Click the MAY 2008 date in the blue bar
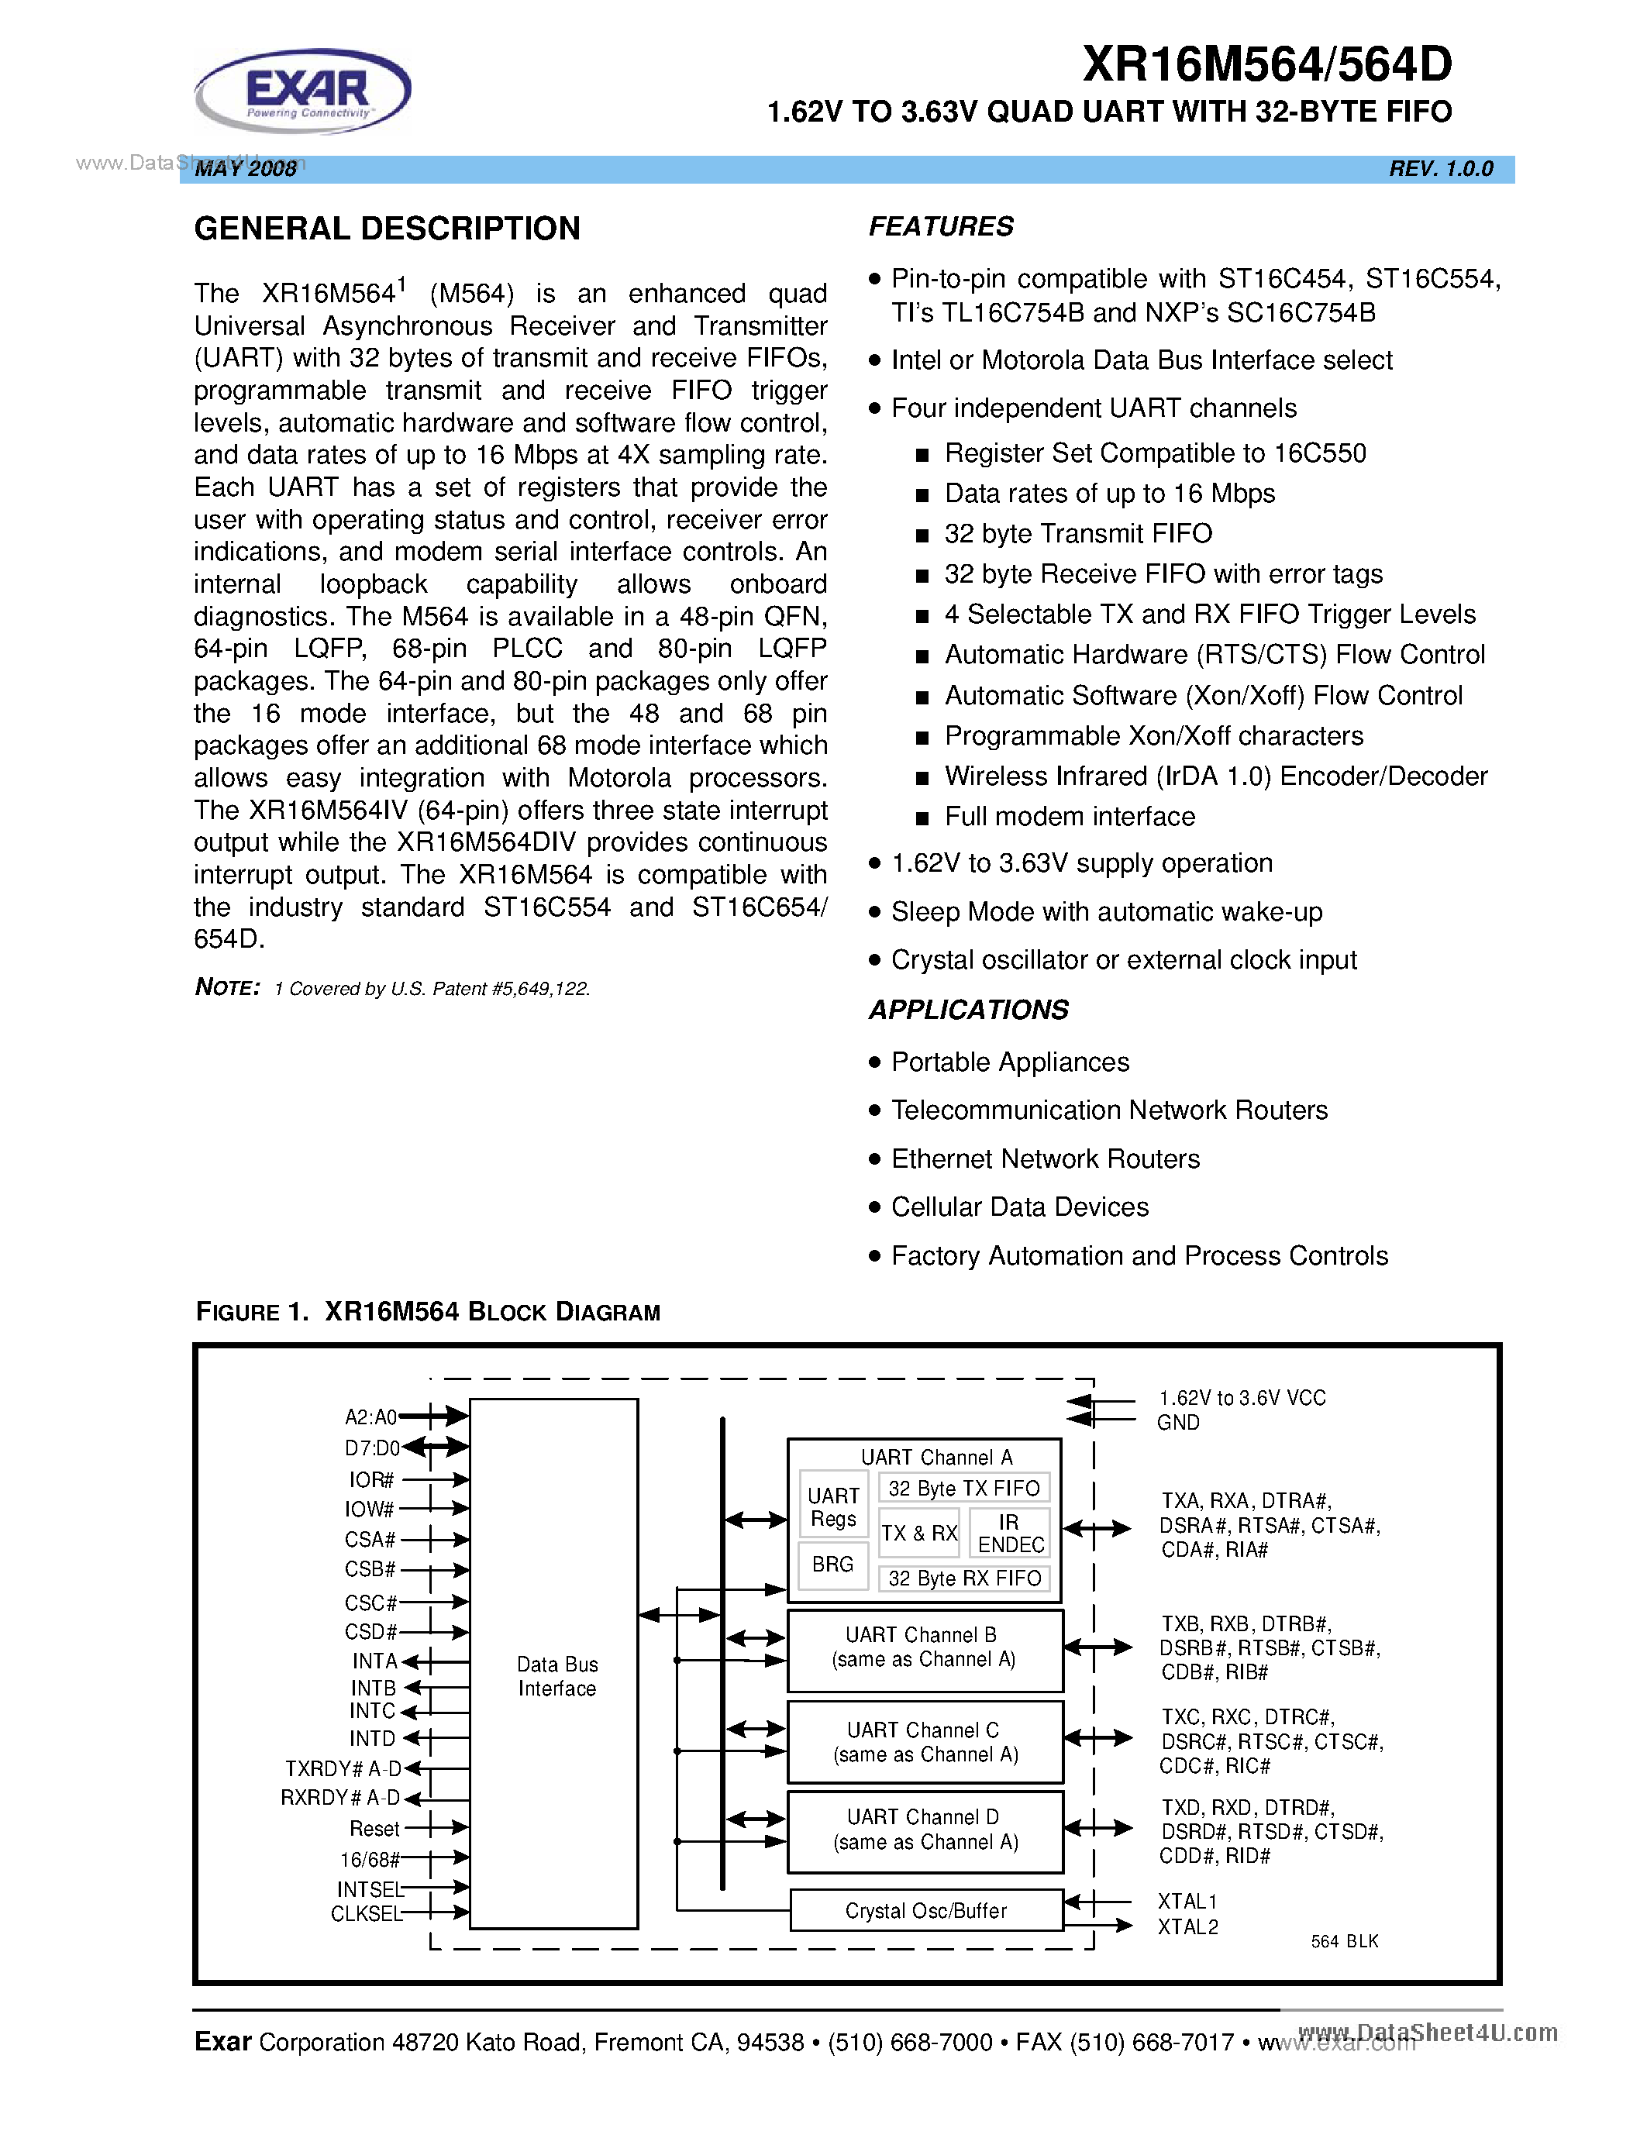(x=246, y=169)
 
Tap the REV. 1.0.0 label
(x=1440, y=169)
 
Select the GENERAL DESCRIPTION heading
(x=387, y=229)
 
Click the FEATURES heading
(x=941, y=226)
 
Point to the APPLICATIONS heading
(x=968, y=1010)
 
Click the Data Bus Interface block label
(x=556, y=1676)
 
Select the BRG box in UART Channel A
(x=832, y=1564)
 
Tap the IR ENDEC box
(x=1010, y=1534)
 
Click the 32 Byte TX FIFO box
(x=964, y=1488)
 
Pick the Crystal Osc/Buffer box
(x=925, y=1910)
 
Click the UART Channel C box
(x=924, y=1742)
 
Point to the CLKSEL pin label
(x=366, y=1913)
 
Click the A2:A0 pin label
(x=370, y=1417)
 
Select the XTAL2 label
(x=1187, y=1926)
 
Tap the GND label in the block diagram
(x=1177, y=1423)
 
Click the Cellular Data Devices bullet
(x=1020, y=1207)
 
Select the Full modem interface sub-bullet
(x=1070, y=817)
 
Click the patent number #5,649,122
(x=540, y=989)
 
